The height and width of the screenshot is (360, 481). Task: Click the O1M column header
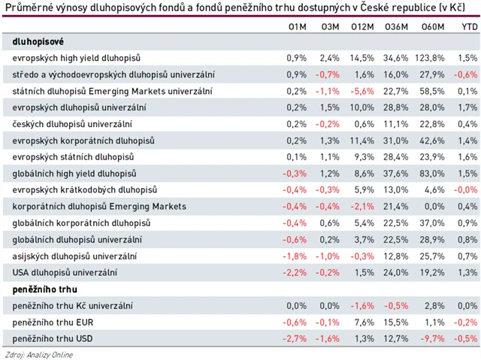(x=297, y=27)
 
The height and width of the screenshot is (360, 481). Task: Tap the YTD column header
(x=469, y=27)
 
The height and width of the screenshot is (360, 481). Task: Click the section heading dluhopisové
(x=38, y=41)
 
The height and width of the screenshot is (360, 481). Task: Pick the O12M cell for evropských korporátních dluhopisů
(x=362, y=141)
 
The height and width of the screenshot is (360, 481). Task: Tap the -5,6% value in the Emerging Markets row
(x=362, y=91)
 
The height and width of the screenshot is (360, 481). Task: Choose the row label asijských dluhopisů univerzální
(x=74, y=256)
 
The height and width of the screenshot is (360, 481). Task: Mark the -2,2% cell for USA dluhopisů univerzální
(x=295, y=273)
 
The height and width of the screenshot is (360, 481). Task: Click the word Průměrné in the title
(x=29, y=9)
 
